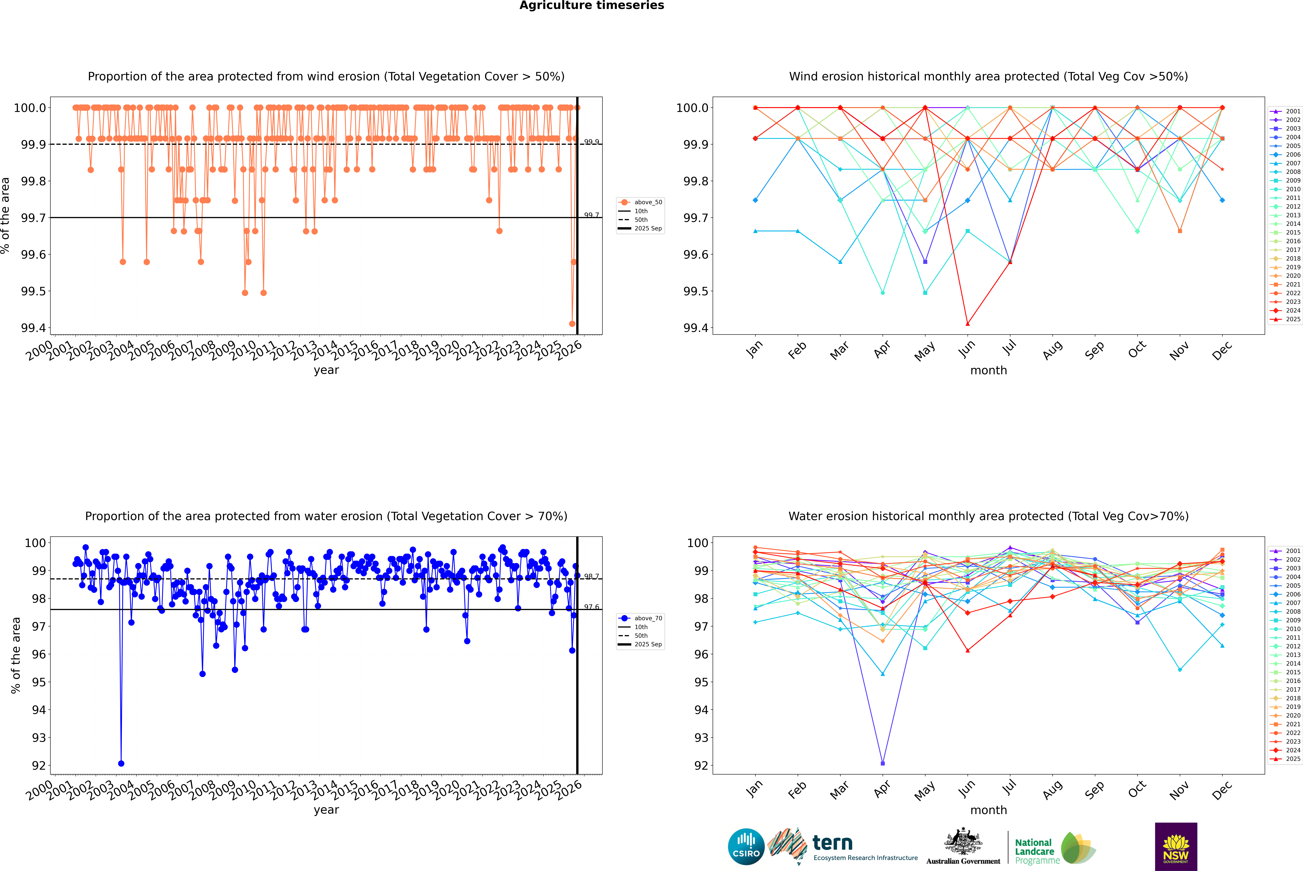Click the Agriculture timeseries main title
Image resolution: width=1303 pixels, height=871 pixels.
(x=591, y=6)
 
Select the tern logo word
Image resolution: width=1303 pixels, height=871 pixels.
(x=832, y=843)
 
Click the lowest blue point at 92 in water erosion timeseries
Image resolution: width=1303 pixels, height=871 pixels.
(x=121, y=763)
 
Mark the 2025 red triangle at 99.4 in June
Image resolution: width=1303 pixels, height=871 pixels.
(x=967, y=324)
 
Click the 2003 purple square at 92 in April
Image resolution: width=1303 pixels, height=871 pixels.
(x=883, y=763)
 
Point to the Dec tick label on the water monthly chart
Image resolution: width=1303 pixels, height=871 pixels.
(x=1222, y=790)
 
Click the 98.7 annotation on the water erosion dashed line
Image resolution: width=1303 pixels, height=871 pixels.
(x=591, y=577)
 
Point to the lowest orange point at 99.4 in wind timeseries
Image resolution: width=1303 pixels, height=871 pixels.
(x=572, y=324)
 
